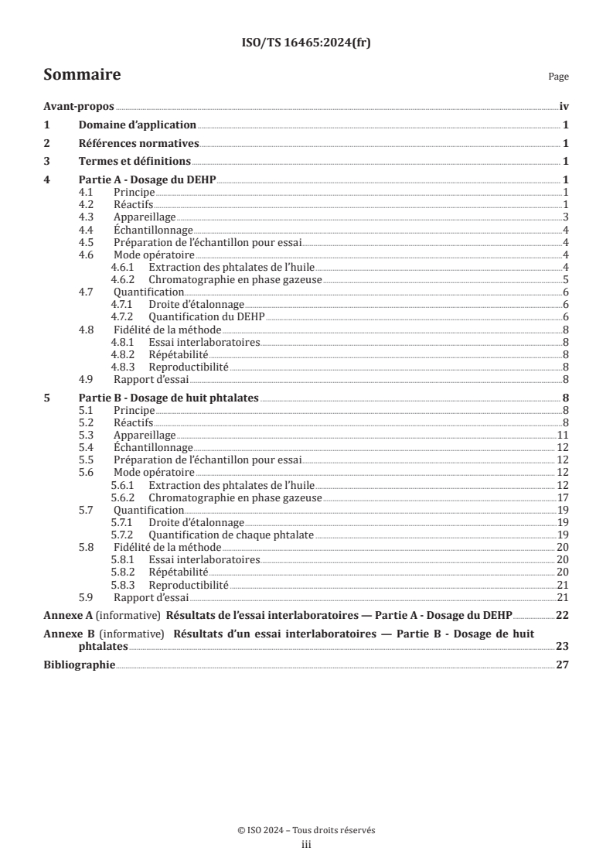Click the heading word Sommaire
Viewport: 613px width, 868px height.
[82, 75]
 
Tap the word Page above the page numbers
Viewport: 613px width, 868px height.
[558, 77]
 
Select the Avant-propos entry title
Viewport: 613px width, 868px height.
[78, 108]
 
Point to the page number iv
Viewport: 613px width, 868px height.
[564, 108]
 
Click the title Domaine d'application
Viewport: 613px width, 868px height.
[138, 125]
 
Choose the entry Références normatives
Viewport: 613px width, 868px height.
[139, 143]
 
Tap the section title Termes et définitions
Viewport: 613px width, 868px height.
[135, 162]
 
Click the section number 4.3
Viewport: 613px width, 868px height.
[87, 217]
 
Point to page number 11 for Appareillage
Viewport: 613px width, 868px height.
[564, 435]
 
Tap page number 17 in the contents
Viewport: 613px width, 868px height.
[564, 497]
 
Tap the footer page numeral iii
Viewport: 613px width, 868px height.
[306, 845]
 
